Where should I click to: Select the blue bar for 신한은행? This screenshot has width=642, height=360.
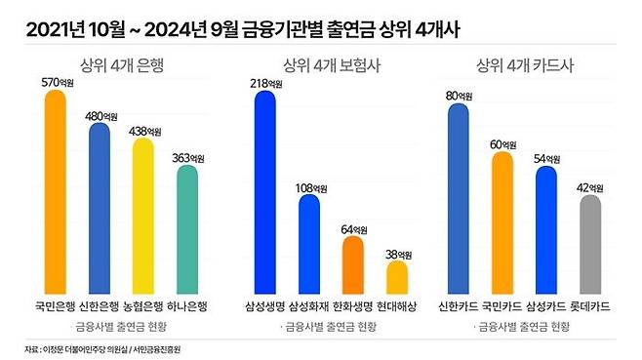point(99,209)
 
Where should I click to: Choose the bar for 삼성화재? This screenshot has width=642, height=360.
point(308,245)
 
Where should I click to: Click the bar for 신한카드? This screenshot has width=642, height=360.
point(459,200)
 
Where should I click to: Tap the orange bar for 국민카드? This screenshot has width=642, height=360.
point(502,223)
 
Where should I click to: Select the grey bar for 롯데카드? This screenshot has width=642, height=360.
point(590,245)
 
